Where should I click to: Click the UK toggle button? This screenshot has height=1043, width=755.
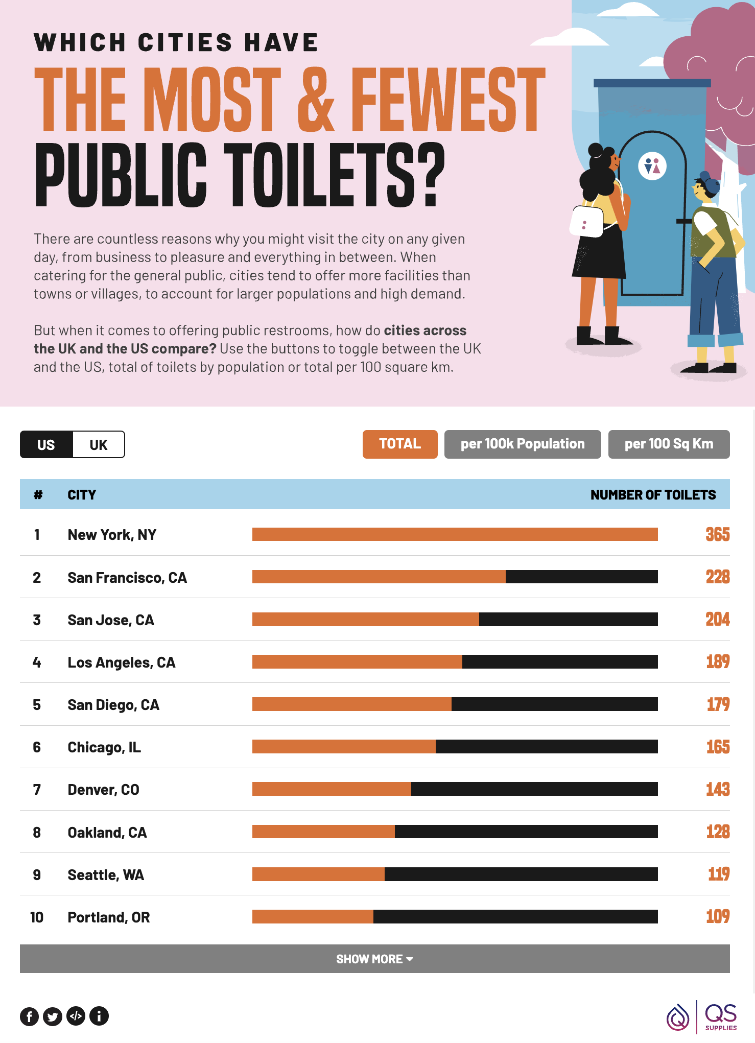99,444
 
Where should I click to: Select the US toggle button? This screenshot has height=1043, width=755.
46,444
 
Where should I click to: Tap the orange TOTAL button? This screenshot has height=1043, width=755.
400,444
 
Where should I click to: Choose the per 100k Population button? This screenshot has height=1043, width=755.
522,444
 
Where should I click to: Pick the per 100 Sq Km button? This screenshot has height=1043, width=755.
669,444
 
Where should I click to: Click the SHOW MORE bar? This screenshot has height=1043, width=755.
374,959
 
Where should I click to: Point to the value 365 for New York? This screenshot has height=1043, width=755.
717,534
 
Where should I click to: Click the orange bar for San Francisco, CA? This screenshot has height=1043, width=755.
379,577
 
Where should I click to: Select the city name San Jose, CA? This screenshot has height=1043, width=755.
111,620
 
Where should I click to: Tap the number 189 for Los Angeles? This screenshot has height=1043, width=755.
717,662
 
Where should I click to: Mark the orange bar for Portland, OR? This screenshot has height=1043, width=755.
313,916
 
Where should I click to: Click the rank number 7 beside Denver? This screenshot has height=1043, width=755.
37,790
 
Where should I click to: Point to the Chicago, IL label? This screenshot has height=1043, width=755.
104,747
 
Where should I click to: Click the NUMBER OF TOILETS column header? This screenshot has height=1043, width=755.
653,494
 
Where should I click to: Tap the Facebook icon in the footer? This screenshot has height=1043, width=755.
30,1016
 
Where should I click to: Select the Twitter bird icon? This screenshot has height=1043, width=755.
53,1016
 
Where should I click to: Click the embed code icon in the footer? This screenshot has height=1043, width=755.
76,1016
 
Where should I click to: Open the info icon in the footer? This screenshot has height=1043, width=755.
99,1016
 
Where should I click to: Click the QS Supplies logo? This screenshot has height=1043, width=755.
702,1016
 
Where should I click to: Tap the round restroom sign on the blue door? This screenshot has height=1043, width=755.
652,166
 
